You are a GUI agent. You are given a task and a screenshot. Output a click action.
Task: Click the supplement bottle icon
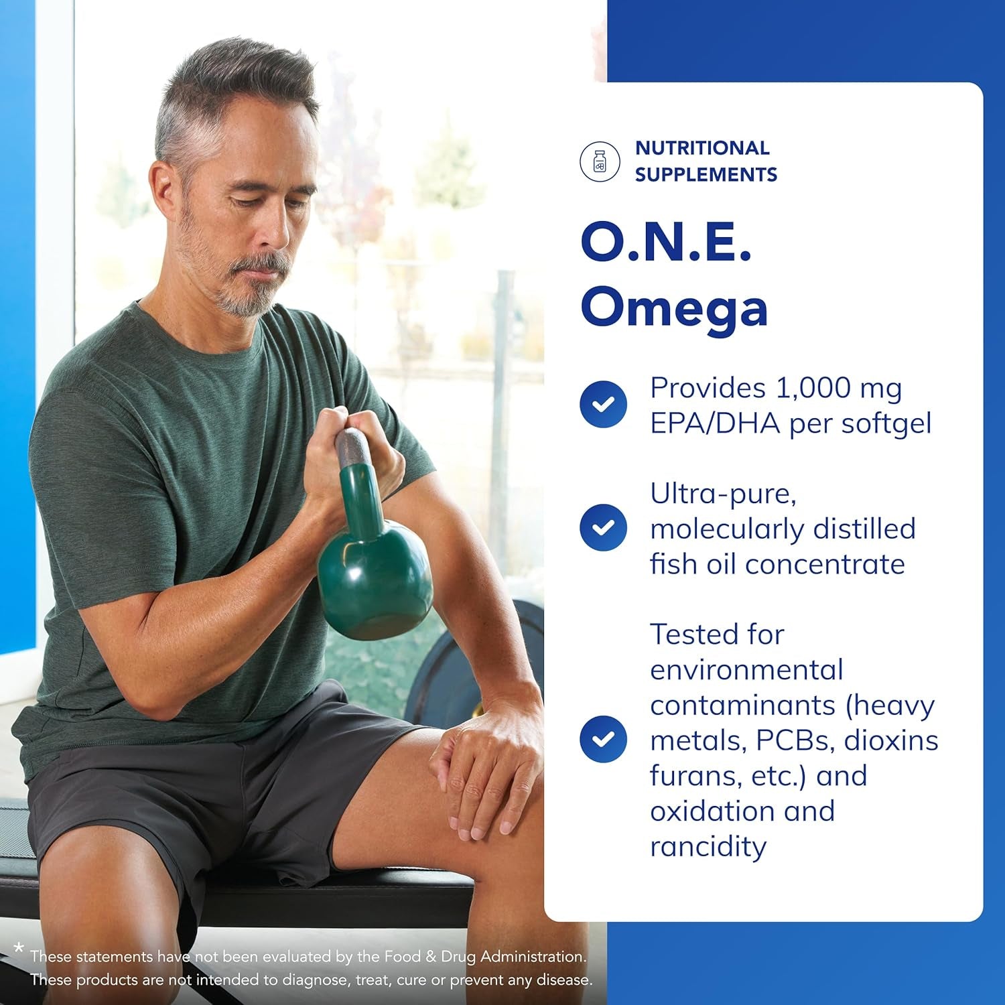click(x=600, y=161)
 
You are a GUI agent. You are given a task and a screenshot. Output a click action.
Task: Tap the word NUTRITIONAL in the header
click(x=702, y=148)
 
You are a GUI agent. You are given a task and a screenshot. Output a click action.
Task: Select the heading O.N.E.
click(x=666, y=243)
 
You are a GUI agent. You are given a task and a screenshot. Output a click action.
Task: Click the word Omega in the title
click(x=674, y=309)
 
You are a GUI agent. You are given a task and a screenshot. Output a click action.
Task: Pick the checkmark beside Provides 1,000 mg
click(x=603, y=404)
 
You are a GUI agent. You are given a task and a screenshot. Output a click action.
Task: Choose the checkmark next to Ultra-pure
click(x=603, y=527)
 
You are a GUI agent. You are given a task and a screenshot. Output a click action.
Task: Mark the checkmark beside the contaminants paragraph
click(x=603, y=739)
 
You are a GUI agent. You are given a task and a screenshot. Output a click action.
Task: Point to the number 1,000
click(x=813, y=388)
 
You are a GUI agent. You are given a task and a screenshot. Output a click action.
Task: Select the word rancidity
click(x=708, y=846)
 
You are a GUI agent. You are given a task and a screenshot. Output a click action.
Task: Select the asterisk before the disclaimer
click(x=19, y=948)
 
